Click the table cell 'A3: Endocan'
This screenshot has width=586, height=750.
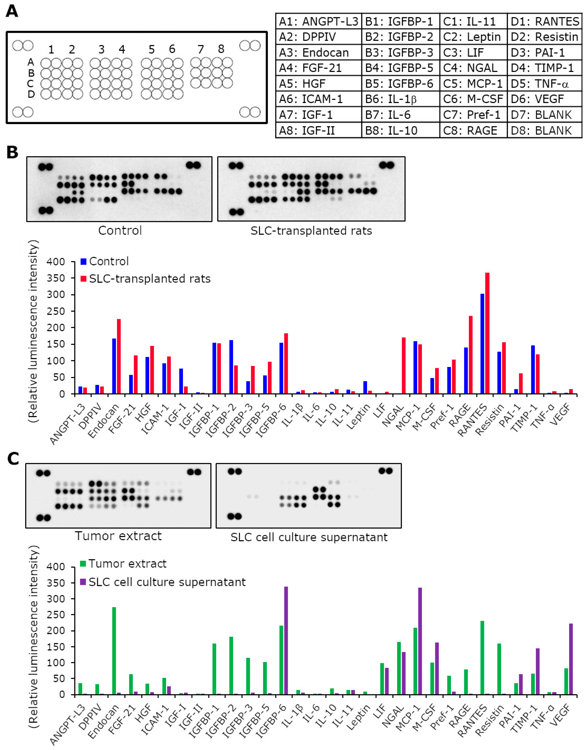pyautogui.click(x=318, y=53)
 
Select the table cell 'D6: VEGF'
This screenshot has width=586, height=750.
pyautogui.click(x=544, y=99)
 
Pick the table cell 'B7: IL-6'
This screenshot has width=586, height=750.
pyautogui.click(x=400, y=115)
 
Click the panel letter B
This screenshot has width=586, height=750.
pyautogui.click(x=12, y=152)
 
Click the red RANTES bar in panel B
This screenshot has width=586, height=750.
pyautogui.click(x=487, y=333)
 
